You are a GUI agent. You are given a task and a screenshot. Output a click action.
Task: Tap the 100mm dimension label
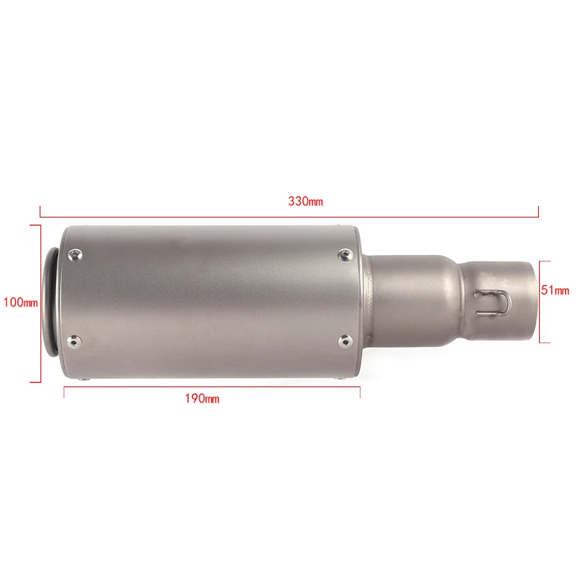click(x=20, y=302)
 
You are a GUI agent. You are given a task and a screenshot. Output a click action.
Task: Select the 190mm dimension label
click(x=202, y=398)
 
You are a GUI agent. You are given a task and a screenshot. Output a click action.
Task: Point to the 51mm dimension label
click(x=556, y=290)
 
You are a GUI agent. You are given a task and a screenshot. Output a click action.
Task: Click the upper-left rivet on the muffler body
click(x=74, y=253)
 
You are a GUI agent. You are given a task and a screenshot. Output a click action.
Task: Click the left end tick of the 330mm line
click(x=40, y=211)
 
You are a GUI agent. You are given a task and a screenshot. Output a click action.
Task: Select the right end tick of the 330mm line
click(x=539, y=211)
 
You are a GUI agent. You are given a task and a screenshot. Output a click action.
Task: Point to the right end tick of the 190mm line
click(x=360, y=391)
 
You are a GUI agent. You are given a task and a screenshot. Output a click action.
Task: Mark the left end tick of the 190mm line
click(x=64, y=391)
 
